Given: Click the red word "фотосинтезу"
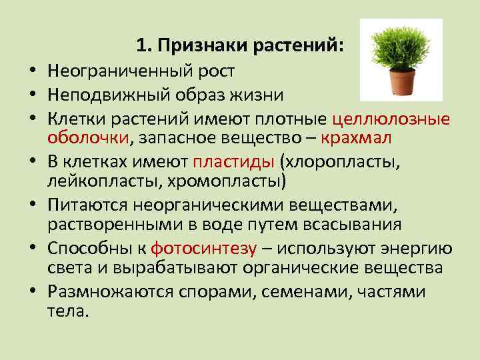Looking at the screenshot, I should point(204,249).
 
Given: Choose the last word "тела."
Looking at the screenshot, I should point(67,311).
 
